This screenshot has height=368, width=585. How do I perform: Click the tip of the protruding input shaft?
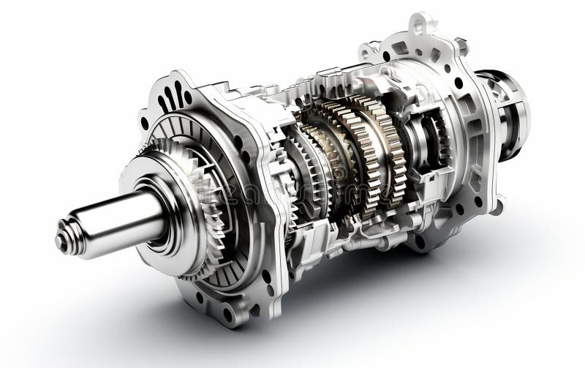[63, 242]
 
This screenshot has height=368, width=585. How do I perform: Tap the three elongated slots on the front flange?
[173, 95]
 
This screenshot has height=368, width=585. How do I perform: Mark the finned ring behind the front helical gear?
[219, 146]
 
